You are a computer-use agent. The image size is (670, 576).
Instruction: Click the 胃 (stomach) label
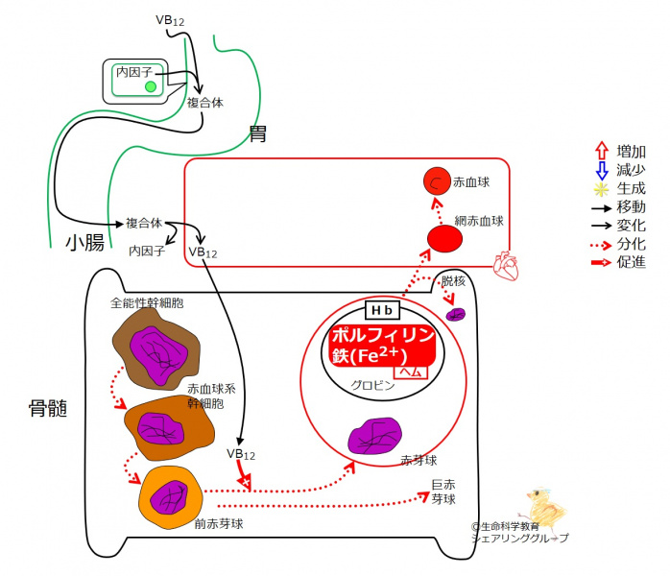258,133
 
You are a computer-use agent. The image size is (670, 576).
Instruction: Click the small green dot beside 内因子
150,87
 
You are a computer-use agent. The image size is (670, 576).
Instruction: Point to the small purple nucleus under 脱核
457,314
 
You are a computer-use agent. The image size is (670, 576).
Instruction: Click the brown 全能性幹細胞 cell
155,343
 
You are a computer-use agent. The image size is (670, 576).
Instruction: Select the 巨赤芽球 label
443,492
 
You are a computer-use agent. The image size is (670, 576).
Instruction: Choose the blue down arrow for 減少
601,170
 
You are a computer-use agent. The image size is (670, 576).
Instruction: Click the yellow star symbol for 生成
601,188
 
